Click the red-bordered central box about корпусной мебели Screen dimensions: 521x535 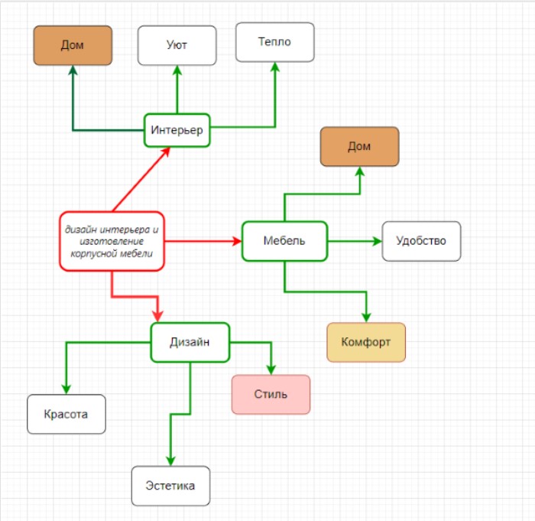tap(112, 241)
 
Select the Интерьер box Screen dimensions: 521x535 tap(177, 130)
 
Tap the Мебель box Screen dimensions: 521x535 tap(284, 241)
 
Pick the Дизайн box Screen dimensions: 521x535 tap(190, 342)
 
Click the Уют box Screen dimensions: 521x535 tap(177, 45)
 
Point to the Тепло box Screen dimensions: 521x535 tap(274, 42)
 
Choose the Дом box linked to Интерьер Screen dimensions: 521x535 tap(73, 45)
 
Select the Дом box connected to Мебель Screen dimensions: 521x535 tap(359, 146)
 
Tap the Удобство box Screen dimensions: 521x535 tap(421, 241)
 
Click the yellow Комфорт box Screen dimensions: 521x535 tap(365, 342)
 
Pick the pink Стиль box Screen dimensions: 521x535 tap(271, 394)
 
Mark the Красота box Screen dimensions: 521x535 tap(66, 414)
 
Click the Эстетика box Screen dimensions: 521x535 tap(170, 486)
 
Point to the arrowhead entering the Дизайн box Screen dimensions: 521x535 tap(159, 315)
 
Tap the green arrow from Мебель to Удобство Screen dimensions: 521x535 tap(354, 241)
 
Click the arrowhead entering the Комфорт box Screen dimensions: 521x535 tap(366, 317)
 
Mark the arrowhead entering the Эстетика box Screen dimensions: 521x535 tap(170, 459)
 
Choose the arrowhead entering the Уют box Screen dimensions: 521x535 tap(177, 71)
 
